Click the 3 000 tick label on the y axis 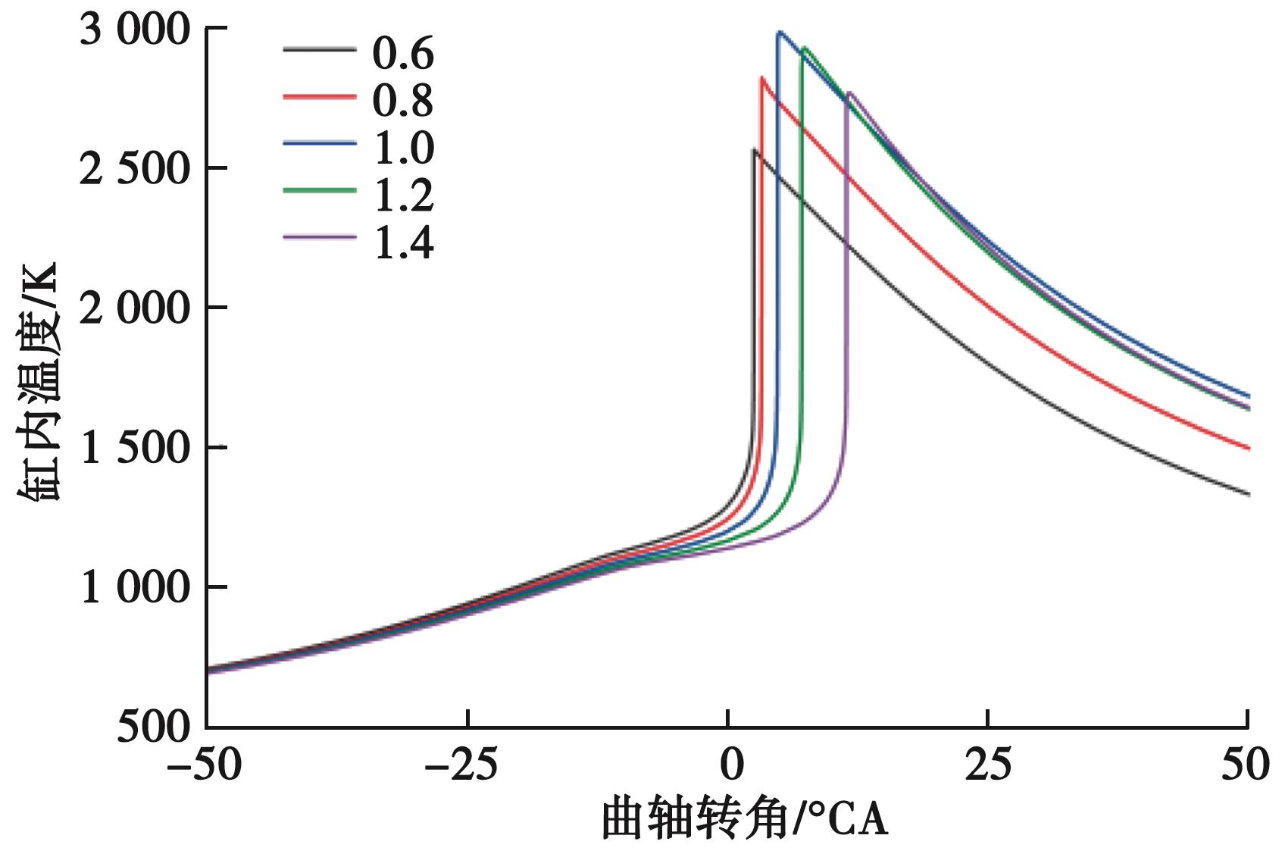click(135, 32)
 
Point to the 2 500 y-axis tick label click(135, 170)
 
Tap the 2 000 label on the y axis click(135, 310)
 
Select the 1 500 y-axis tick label click(135, 449)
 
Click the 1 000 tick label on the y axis click(135, 589)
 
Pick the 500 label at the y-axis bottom click(154, 728)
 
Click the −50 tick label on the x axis click(205, 766)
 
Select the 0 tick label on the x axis click(728, 766)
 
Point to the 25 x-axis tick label click(988, 766)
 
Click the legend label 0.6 click(402, 54)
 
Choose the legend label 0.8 click(402, 101)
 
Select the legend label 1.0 click(402, 148)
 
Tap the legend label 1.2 click(402, 196)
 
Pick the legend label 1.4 click(402, 243)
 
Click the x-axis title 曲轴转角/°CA click(744, 821)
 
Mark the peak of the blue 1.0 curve click(779, 32)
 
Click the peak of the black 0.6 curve click(754, 150)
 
